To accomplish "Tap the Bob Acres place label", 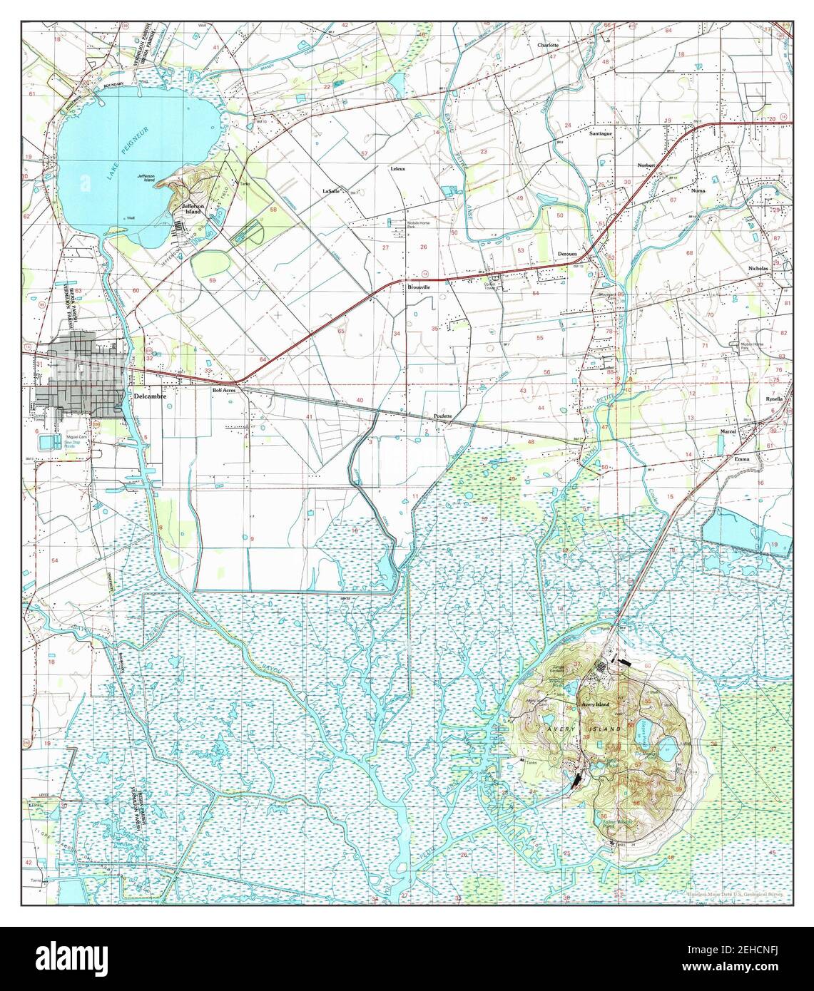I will pos(224,391).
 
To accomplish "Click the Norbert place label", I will pos(646,165).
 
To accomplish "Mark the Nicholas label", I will pos(758,268).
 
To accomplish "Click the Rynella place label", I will pos(774,399).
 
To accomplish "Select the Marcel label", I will pos(728,431).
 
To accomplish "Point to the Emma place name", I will pos(742,459).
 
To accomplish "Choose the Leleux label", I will pos(397,168).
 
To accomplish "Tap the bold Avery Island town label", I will pos(595,704).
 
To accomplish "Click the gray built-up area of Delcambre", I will pos(78,371).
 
